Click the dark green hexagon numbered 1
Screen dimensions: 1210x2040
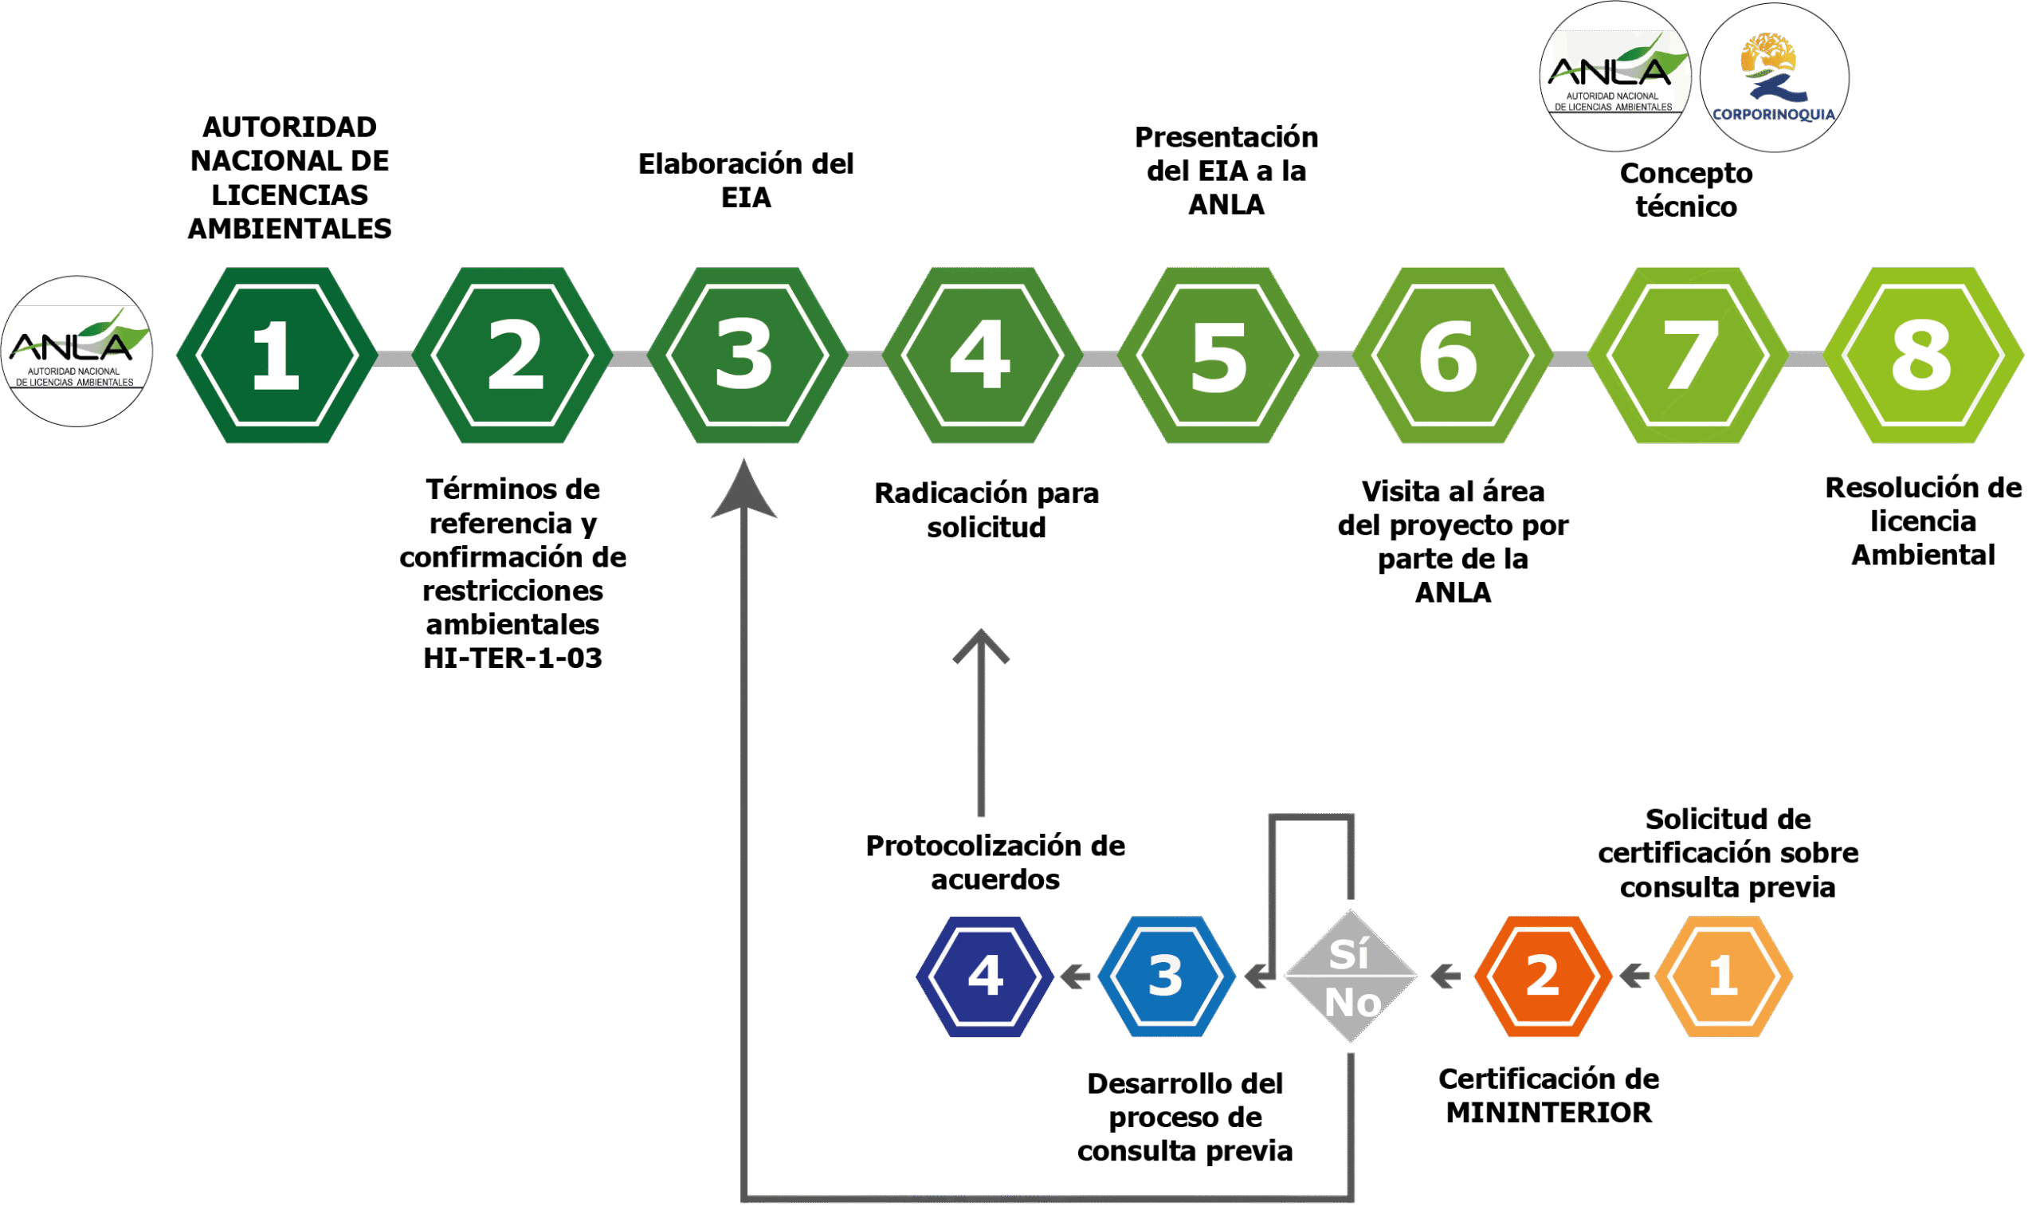[277, 356]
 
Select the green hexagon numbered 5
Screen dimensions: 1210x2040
[1218, 356]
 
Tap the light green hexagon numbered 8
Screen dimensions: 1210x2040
[1924, 356]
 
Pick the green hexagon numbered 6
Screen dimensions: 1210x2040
[1453, 356]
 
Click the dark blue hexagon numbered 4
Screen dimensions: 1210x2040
[985, 976]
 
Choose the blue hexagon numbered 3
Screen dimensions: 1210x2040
[1167, 976]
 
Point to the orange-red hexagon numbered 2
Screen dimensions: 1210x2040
[1543, 976]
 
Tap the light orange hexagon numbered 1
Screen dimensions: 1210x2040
[1724, 976]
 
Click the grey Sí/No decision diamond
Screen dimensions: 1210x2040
[1351, 976]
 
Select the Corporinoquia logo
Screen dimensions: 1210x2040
[1774, 77]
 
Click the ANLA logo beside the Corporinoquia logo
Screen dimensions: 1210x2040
[1615, 77]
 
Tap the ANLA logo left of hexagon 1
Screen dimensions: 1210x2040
[76, 351]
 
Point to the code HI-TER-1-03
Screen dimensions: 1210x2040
[512, 658]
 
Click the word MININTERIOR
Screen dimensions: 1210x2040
[1548, 1113]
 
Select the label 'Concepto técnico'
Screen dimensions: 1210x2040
[1686, 190]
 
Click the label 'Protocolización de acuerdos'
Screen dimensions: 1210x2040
[995, 862]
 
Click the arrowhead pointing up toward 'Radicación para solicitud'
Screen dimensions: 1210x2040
[981, 645]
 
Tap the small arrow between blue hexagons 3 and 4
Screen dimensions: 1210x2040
[1076, 976]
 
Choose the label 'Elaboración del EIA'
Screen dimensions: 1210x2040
[746, 180]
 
